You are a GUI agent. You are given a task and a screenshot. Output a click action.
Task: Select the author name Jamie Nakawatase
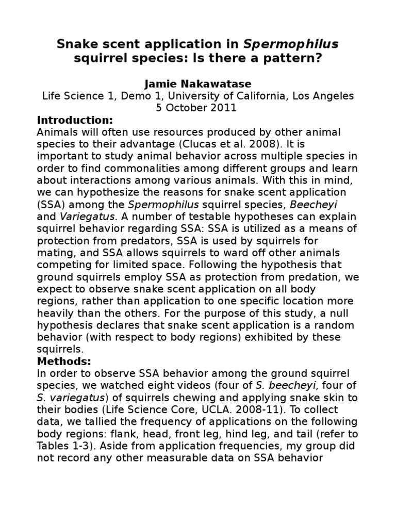point(197,83)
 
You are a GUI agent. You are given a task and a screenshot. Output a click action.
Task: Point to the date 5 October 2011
point(197,108)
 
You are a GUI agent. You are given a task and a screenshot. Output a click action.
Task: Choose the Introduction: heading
point(75,120)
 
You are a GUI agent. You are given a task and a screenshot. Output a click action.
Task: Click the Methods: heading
point(64,361)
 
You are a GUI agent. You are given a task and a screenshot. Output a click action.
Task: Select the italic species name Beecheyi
point(332,204)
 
